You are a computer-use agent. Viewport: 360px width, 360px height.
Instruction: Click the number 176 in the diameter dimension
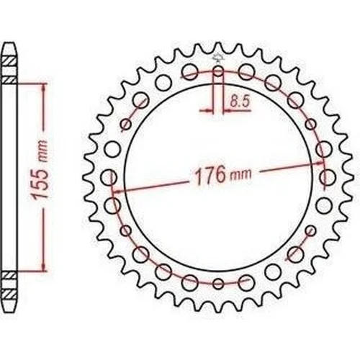pos(210,175)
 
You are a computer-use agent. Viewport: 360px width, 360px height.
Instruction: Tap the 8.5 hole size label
pos(240,102)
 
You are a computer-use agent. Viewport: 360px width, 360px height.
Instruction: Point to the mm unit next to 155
pos(42,151)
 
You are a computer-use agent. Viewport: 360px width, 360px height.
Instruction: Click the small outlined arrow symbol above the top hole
pos(218,58)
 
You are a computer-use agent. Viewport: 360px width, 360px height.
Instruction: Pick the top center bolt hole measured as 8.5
pos(218,71)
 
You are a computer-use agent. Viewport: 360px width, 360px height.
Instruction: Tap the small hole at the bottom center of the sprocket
pos(218,284)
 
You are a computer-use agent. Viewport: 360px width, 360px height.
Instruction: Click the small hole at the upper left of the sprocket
pos(126,124)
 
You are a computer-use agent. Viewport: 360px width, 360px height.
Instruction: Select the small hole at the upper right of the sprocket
pos(311,124)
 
